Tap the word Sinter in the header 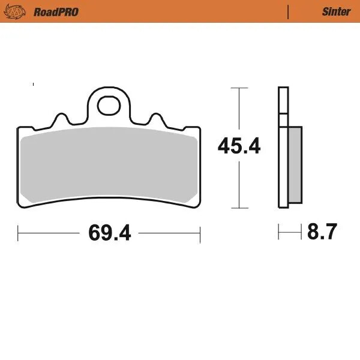click(x=336, y=11)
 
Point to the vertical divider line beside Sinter click(x=289, y=11)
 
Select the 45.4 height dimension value click(x=239, y=145)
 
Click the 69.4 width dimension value click(x=109, y=232)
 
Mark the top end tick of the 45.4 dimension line click(x=239, y=88)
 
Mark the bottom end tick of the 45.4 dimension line click(x=239, y=208)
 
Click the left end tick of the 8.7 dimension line click(x=278, y=231)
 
